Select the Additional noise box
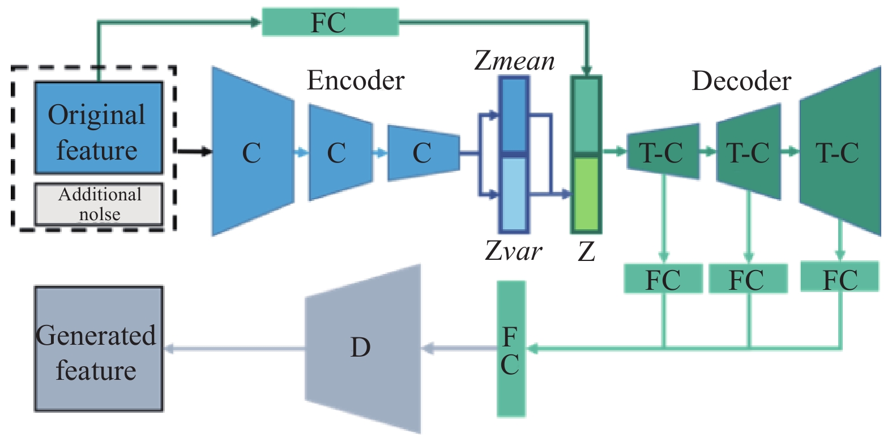tap(99, 204)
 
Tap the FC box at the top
tap(330, 23)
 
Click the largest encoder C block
tap(252, 152)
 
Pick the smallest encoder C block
tap(422, 153)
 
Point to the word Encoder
tap(356, 81)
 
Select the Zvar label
tap(513, 251)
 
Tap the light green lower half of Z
tap(586, 194)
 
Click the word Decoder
tap(741, 82)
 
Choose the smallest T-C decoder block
tap(663, 152)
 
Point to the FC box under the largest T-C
tap(839, 277)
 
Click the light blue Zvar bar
tap(514, 194)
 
